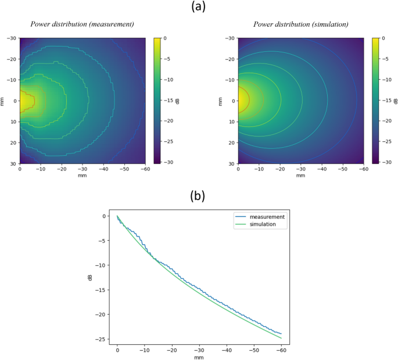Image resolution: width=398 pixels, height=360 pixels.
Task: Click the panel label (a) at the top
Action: pos(198,8)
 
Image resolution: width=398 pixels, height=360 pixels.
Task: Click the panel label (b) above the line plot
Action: pos(198,195)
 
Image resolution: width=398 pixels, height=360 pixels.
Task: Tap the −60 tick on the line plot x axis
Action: pos(281,351)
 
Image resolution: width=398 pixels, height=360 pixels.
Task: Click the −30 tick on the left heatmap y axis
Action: pos(11,38)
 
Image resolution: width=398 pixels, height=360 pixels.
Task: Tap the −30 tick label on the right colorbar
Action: pos(386,162)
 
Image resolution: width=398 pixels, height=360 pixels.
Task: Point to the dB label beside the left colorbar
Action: pos(178,101)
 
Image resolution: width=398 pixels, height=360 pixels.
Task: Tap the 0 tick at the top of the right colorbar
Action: pos(383,38)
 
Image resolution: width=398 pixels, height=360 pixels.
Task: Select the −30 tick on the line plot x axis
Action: pos(199,351)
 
